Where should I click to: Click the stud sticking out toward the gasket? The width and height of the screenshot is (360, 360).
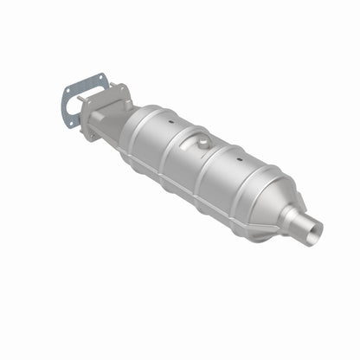(82, 102)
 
